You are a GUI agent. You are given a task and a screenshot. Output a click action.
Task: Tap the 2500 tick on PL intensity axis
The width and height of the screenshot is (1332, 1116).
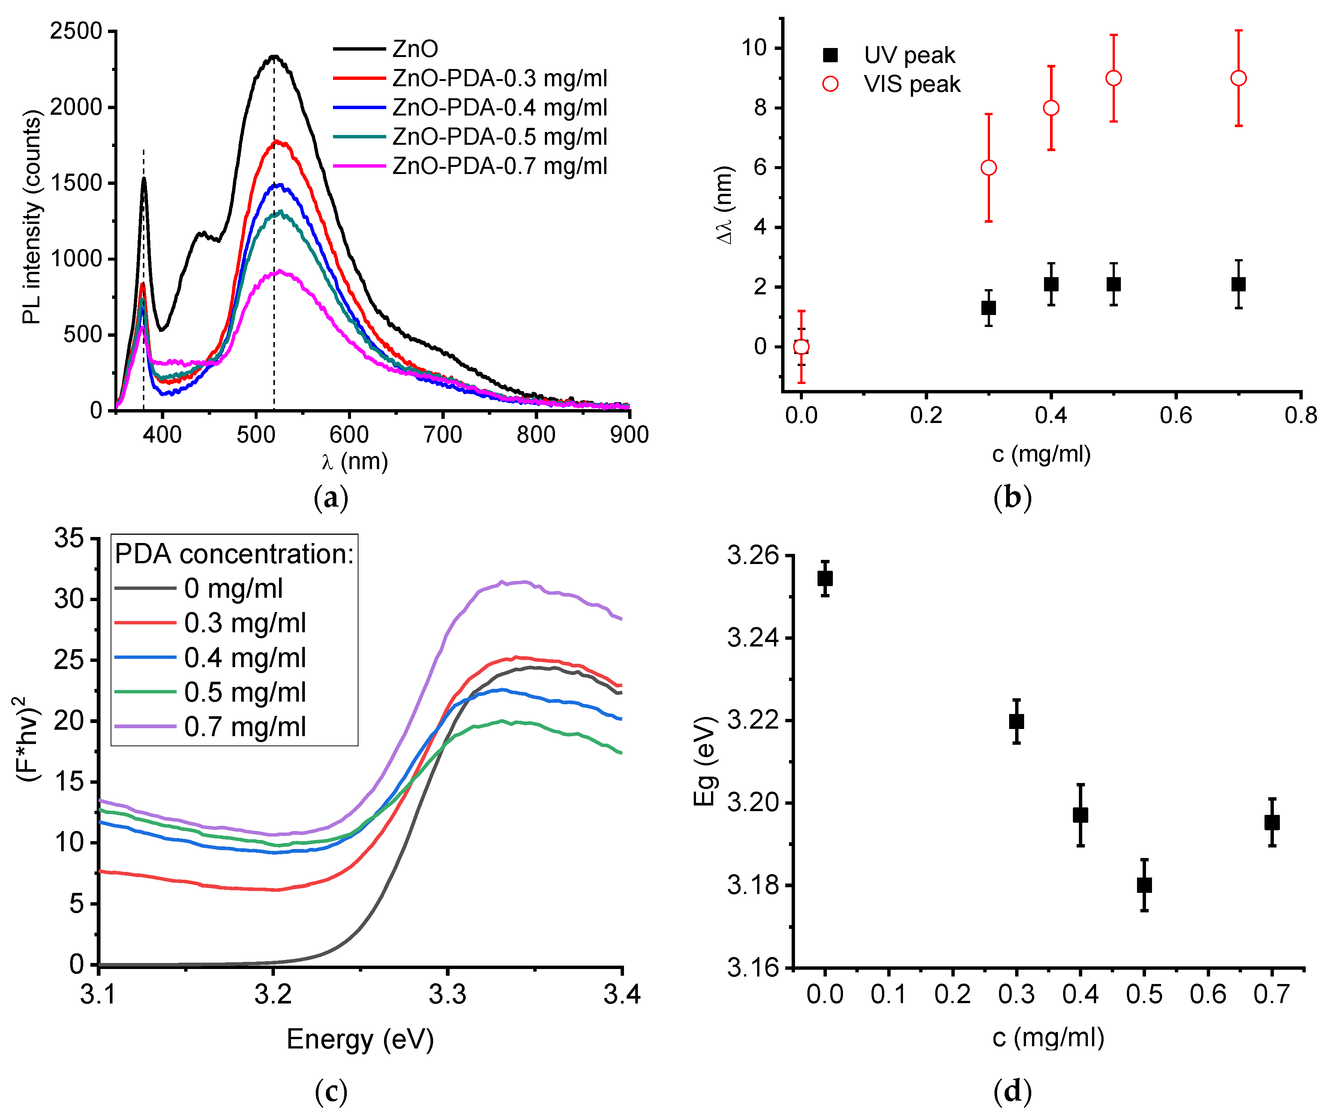tap(76, 31)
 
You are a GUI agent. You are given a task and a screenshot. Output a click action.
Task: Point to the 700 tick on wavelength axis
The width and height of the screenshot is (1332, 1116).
tap(442, 435)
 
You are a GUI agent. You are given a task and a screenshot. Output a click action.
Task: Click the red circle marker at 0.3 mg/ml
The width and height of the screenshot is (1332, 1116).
tap(988, 168)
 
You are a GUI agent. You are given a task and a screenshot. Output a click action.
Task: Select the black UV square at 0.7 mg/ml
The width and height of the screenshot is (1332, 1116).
tap(1238, 284)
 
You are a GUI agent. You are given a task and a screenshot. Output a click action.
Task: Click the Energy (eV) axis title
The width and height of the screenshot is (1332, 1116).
tap(360, 1039)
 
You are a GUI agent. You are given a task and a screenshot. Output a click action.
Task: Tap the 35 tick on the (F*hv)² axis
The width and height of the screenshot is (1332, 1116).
tap(69, 538)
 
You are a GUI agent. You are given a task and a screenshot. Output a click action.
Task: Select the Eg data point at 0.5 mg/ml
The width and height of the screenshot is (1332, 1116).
tap(1144, 884)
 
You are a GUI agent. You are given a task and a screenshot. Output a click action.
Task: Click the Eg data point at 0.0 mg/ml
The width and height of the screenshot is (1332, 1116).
tap(825, 578)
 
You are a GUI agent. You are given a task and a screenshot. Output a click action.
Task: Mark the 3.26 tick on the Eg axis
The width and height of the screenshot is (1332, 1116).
tap(753, 555)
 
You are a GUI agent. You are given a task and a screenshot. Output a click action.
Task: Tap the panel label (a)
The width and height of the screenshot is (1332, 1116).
tap(330, 498)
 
